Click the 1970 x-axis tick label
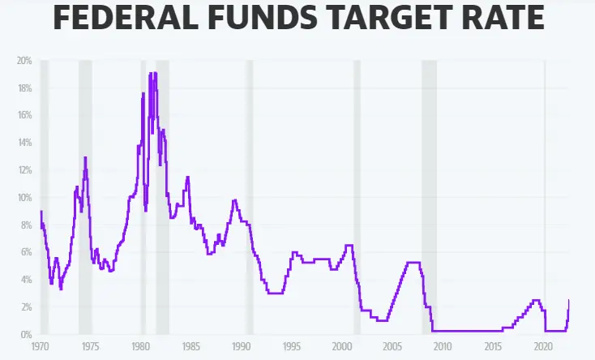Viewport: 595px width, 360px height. tap(41, 346)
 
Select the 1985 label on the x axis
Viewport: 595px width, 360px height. tap(191, 346)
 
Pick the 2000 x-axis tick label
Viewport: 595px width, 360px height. tap(343, 346)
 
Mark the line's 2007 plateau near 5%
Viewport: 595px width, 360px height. tap(413, 262)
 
